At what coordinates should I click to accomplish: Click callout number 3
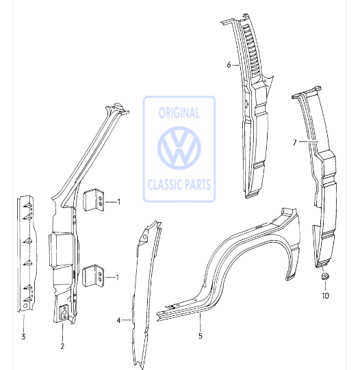coord(23,336)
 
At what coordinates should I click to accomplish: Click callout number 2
coord(62,346)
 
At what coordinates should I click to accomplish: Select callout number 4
coord(118,320)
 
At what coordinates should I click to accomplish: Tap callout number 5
coord(201,336)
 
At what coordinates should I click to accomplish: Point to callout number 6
coord(229,65)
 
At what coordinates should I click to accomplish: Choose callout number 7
coord(294,142)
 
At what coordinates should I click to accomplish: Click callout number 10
coord(325,295)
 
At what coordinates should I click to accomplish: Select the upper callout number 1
coord(119,202)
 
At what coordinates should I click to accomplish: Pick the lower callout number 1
coord(117,277)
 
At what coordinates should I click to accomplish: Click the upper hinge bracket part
coord(94,200)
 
